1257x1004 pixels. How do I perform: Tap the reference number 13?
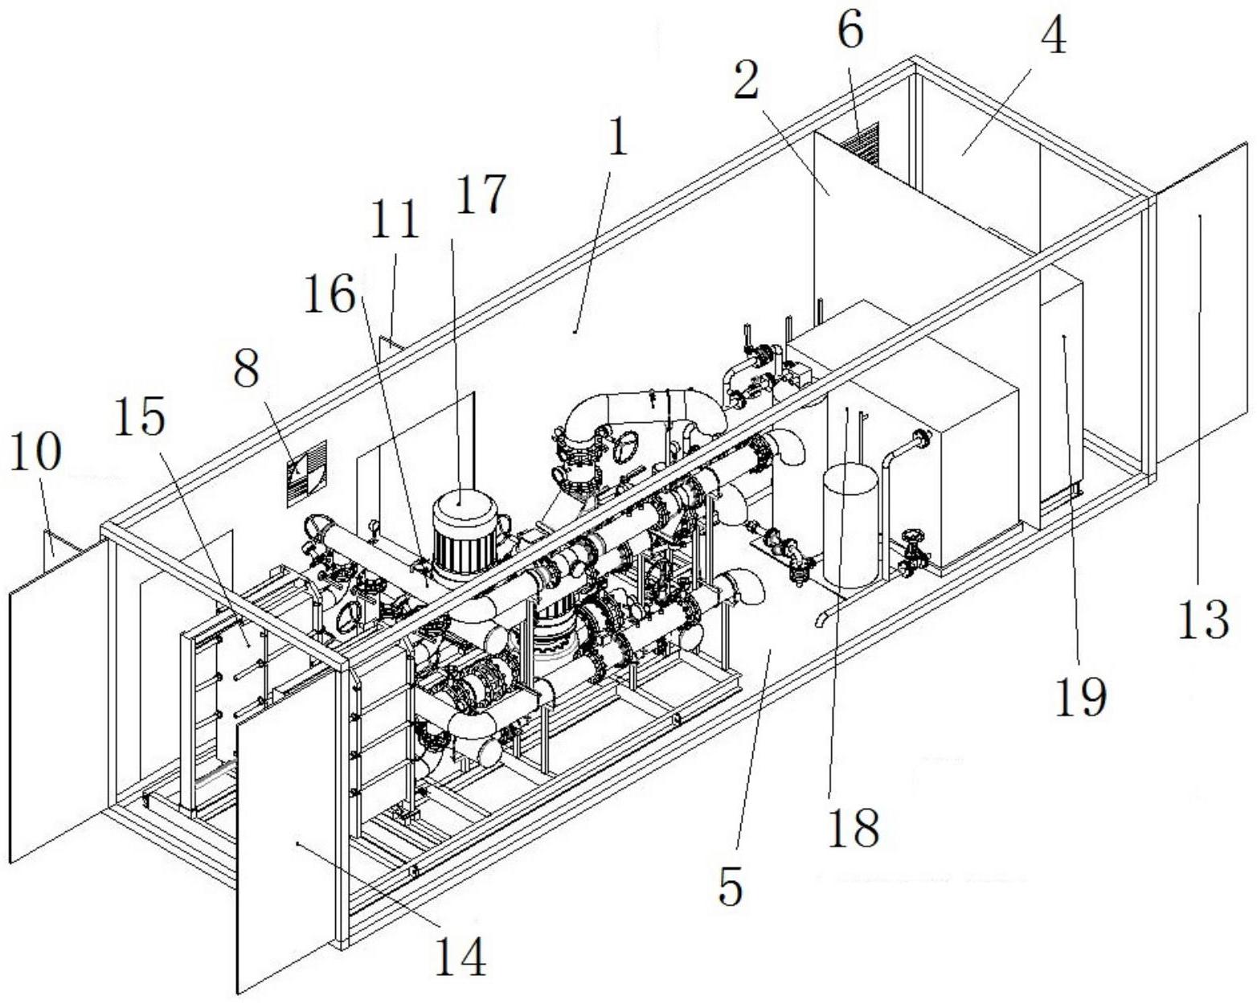[1203, 620]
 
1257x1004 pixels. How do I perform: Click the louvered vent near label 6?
[861, 143]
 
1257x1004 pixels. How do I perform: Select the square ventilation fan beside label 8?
[308, 473]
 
